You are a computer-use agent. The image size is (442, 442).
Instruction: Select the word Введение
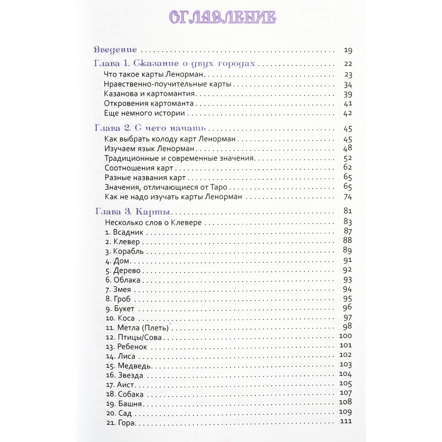point(115,50)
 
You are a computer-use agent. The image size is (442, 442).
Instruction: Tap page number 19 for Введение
point(348,50)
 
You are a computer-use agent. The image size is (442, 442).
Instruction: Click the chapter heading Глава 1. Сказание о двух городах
point(174,63)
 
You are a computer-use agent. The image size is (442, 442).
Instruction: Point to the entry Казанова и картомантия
point(149,94)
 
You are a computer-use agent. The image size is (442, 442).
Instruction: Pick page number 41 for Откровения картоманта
point(348,104)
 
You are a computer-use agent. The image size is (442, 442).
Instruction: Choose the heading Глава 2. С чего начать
point(150,128)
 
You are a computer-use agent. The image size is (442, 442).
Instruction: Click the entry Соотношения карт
point(139,168)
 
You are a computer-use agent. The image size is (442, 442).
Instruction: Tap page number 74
point(348,197)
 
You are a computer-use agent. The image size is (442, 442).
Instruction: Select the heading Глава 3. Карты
point(133,211)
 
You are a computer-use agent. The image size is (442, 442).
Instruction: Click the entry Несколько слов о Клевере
point(153,222)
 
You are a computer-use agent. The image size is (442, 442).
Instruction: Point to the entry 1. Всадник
point(124,232)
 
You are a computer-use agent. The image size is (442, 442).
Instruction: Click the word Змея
point(122,289)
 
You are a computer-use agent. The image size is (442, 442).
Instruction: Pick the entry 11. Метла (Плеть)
point(137,328)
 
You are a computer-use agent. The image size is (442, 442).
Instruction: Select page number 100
point(345,336)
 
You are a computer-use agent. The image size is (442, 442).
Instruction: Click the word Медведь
point(134,366)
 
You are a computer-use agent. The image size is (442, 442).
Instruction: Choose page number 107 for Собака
point(345,393)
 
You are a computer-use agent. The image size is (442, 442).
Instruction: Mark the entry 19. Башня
point(124,404)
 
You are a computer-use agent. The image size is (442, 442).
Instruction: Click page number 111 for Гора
point(346,422)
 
